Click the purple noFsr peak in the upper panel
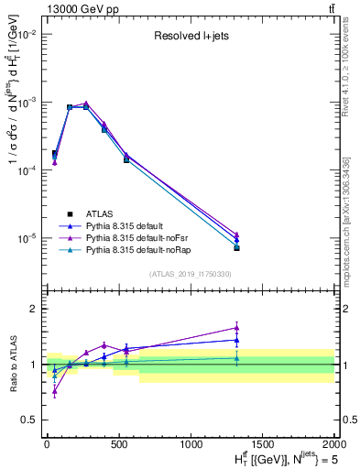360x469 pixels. click(x=86, y=104)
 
